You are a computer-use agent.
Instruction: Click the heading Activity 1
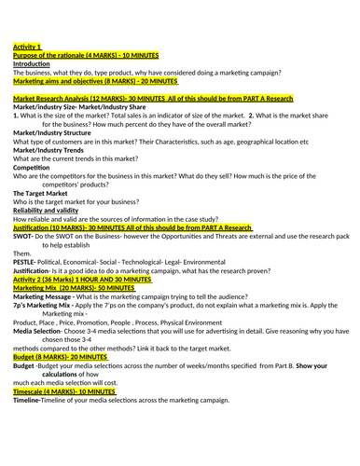tap(27, 45)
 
